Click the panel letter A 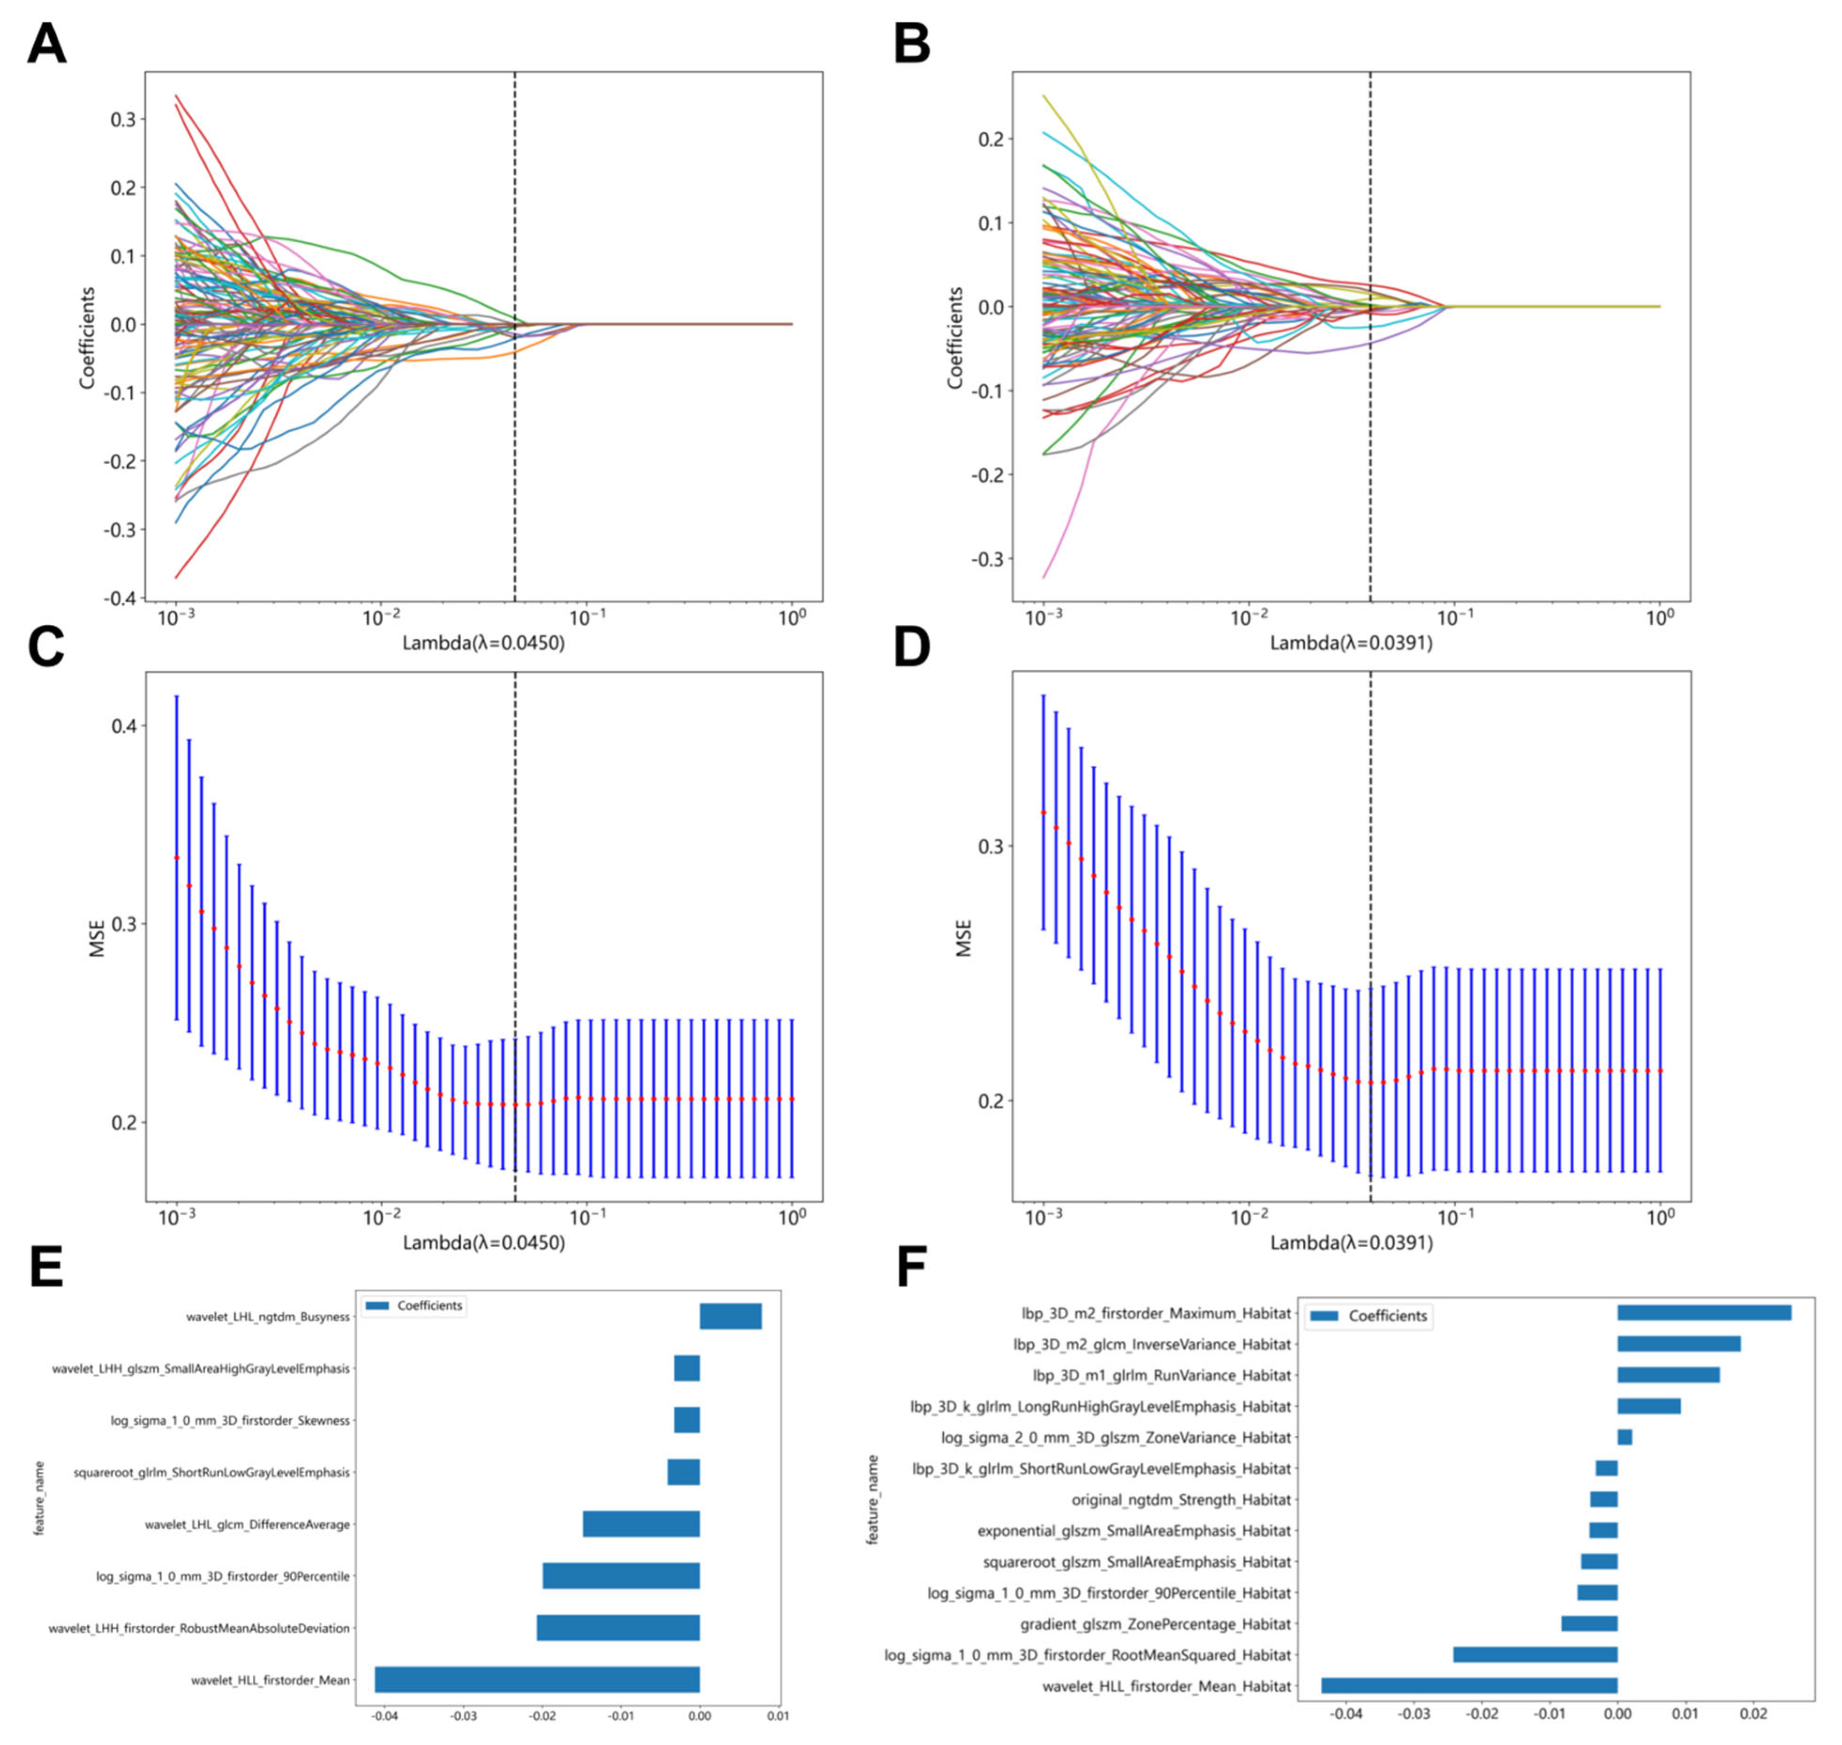point(46,44)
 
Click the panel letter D point(912,646)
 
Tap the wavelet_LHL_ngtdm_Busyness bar point(730,1316)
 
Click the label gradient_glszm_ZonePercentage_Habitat point(1156,1624)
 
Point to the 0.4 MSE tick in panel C point(124,726)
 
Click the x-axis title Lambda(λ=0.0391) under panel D point(1351,1243)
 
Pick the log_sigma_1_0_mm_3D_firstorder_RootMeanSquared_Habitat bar point(1535,1655)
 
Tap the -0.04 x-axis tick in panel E point(384,1716)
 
